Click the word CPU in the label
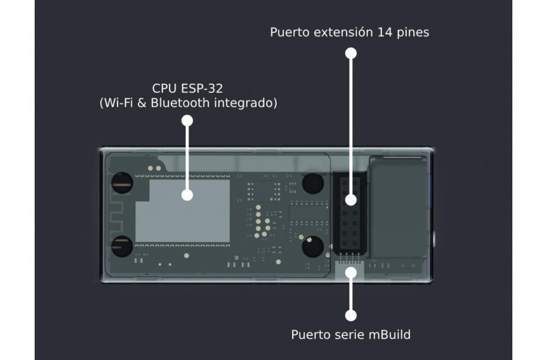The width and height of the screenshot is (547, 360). (164, 89)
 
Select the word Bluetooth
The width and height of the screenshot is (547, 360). (181, 103)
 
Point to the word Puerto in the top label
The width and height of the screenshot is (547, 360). (290, 33)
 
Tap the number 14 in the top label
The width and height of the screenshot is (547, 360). (385, 32)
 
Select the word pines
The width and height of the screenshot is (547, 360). (413, 33)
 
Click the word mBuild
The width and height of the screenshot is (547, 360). (389, 334)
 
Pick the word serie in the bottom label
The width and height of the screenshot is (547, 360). (349, 335)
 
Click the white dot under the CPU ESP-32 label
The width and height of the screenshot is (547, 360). (187, 121)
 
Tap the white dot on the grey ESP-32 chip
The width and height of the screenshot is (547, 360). (187, 194)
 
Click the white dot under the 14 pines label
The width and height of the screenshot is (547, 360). (351, 53)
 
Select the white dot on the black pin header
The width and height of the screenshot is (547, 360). (351, 200)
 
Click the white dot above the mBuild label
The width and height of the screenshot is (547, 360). (351, 315)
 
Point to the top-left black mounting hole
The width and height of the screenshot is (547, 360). (122, 183)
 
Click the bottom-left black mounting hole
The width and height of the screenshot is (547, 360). (122, 246)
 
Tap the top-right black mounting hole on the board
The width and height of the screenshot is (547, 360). (312, 184)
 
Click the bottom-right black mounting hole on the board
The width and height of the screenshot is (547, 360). (312, 247)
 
